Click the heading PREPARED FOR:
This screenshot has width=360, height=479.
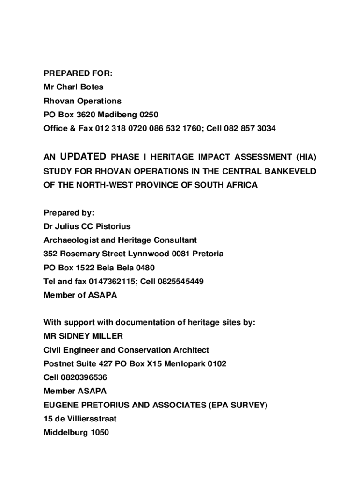[x=78, y=73]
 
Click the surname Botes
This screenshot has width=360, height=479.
[x=92, y=87]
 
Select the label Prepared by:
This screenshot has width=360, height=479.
[x=69, y=213]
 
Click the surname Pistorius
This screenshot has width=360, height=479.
[x=113, y=226]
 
